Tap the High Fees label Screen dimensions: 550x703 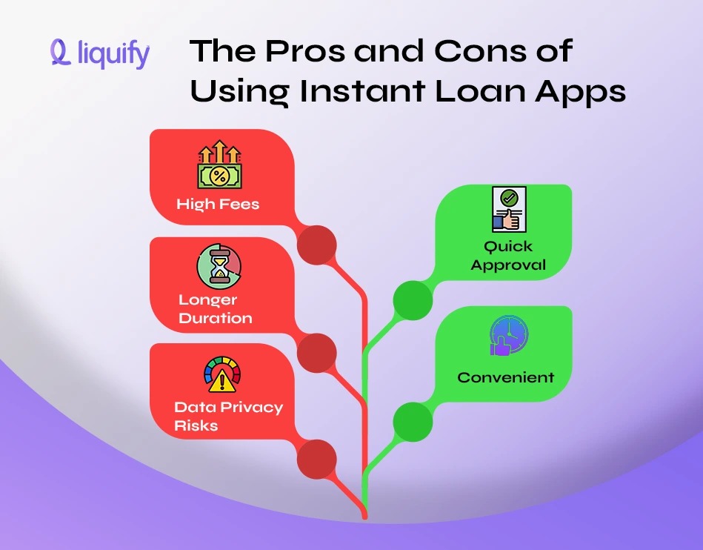click(218, 204)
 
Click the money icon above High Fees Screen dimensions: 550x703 click(219, 167)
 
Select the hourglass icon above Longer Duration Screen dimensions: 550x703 click(219, 268)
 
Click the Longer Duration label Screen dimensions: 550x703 click(215, 309)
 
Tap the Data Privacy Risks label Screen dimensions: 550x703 click(228, 416)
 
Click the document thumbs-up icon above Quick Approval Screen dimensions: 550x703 click(508, 209)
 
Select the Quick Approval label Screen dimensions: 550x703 click(508, 256)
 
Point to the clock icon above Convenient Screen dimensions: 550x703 click(509, 336)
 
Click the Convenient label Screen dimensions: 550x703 click(505, 377)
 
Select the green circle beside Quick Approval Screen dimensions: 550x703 click(412, 300)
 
